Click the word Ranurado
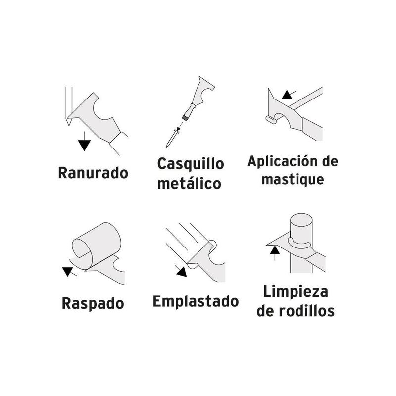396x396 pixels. point(93,173)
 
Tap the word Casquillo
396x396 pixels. point(190,164)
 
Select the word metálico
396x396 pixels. point(189,184)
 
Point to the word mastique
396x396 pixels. point(293,179)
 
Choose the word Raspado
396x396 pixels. point(93,303)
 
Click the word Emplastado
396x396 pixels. point(196,301)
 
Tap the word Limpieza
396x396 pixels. point(295,291)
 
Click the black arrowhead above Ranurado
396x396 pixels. point(85,145)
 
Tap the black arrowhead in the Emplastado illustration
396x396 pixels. point(182,270)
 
